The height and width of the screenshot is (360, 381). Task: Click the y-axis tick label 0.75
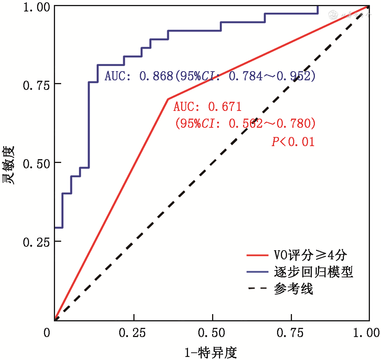tap(37, 84)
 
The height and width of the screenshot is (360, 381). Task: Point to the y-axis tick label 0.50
tap(37, 163)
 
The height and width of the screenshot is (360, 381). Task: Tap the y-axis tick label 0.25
tap(37, 241)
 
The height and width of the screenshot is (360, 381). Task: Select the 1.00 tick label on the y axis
tap(37, 7)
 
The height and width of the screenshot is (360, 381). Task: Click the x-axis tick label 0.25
tap(134, 333)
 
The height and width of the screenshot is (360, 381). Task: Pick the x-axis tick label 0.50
tap(212, 333)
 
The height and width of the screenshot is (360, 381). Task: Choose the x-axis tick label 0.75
tap(291, 333)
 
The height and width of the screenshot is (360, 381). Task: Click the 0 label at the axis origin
tap(47, 333)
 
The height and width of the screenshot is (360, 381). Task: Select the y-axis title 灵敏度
tap(10, 165)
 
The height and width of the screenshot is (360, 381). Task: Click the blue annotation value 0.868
tap(156, 77)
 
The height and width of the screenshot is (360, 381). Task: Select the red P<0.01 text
tap(293, 142)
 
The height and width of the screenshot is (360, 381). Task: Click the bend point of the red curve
tap(168, 99)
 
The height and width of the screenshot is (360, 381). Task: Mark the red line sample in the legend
tap(258, 254)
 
